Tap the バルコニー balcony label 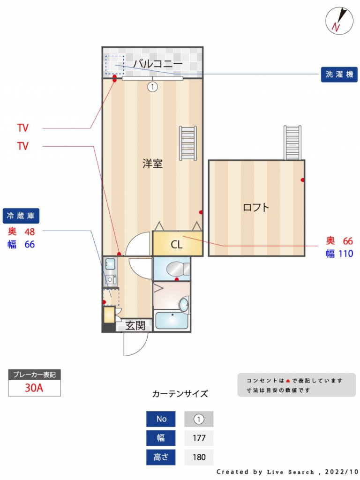(157, 63)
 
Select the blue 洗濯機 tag (339, 74)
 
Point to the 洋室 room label (152, 164)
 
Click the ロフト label (256, 207)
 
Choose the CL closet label (176, 244)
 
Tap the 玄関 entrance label (135, 325)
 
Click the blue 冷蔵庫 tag (21, 216)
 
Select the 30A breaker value (34, 388)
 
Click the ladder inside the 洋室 (187, 143)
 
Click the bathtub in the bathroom (171, 321)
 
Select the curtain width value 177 (199, 438)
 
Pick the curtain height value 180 (199, 457)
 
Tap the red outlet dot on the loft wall (303, 180)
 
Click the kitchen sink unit (111, 272)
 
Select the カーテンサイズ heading (180, 394)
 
